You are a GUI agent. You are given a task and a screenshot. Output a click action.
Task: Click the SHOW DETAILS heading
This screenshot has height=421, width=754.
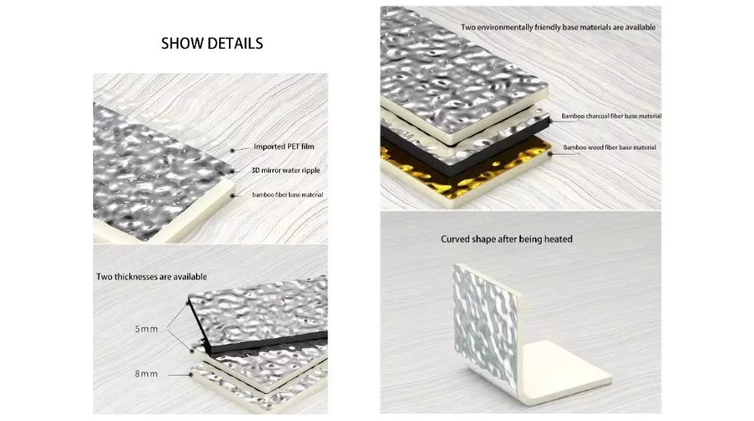[212, 43]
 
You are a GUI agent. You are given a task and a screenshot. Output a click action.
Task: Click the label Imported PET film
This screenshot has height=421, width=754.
[284, 146]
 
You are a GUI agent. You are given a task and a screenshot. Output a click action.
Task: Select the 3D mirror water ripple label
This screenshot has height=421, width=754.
[285, 170]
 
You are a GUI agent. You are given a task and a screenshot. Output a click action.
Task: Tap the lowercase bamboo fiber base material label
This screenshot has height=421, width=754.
[287, 195]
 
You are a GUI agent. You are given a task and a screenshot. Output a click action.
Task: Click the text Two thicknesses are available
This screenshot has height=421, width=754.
[151, 276]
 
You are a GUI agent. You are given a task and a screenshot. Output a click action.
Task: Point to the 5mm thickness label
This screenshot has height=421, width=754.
[147, 329]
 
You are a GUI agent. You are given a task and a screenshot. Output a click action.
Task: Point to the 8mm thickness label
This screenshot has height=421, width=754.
[147, 374]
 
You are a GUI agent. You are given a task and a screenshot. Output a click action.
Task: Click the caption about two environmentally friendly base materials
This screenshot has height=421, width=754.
[558, 27]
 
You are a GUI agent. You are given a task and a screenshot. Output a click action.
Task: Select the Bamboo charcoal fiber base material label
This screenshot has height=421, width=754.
[611, 116]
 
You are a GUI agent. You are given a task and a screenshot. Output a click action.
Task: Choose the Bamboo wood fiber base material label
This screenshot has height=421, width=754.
[609, 147]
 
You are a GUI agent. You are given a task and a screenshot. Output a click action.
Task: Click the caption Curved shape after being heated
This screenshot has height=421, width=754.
[506, 239]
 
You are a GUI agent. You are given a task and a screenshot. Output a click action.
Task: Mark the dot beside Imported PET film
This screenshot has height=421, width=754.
[232, 149]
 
